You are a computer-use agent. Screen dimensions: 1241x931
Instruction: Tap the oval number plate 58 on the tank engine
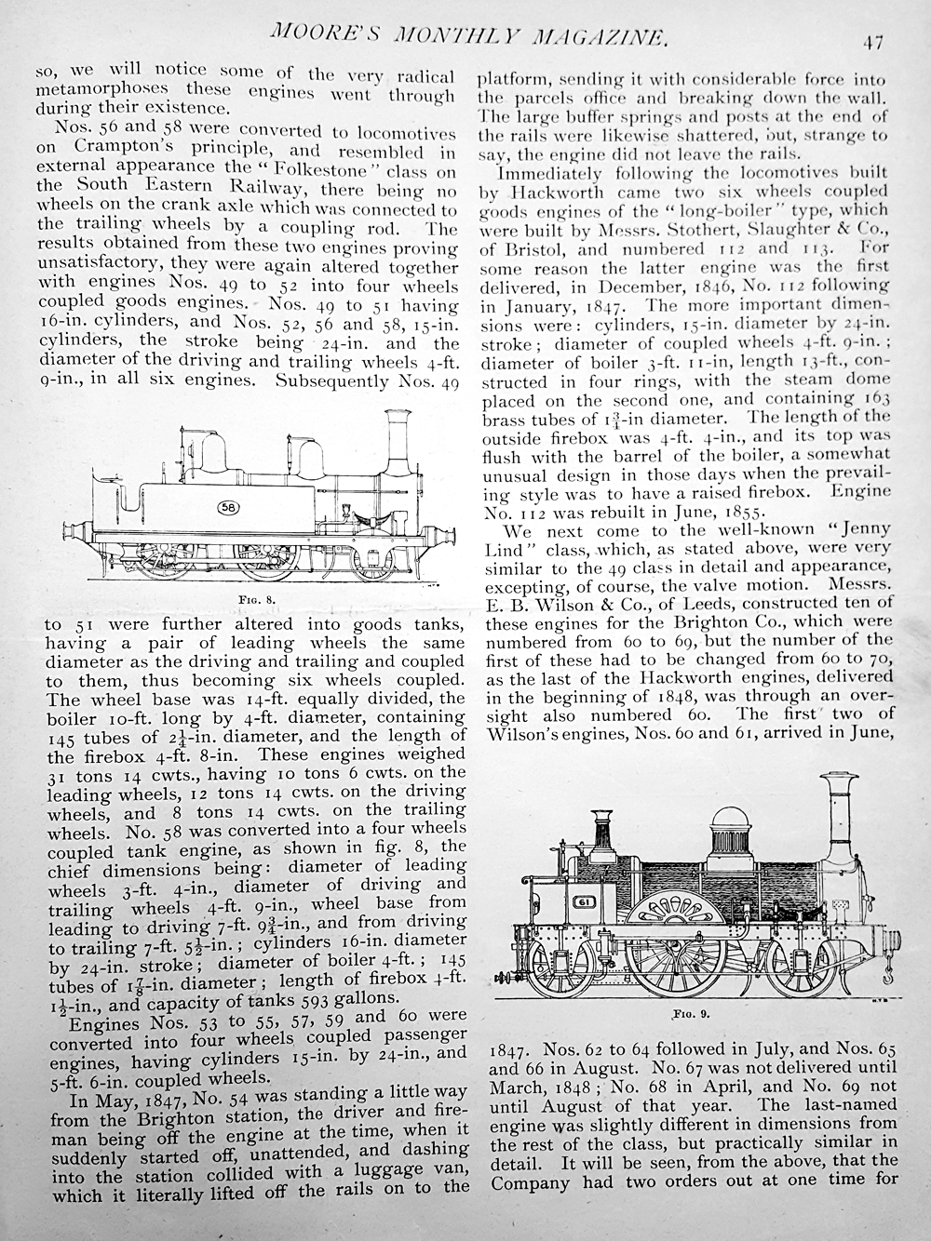click(227, 507)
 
